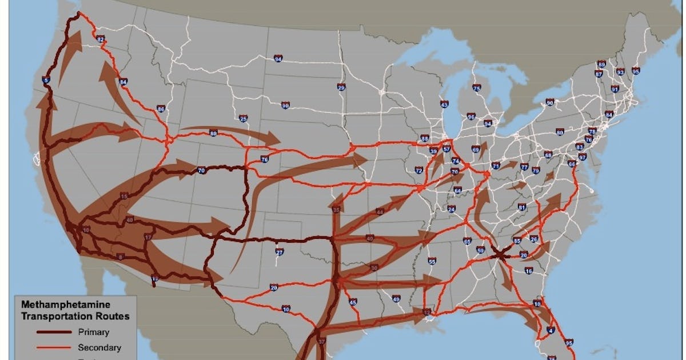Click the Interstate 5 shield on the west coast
[46, 81]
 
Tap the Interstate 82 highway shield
[101, 39]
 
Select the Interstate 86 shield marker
[161, 109]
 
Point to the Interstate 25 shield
[244, 119]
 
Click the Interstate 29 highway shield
[341, 87]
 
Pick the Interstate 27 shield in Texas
[280, 252]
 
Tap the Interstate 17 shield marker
[148, 237]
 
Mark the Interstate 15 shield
[125, 197]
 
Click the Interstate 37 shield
[321, 342]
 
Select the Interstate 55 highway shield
[432, 261]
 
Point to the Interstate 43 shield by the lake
[444, 104]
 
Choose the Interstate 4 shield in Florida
[551, 330]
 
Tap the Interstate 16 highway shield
[529, 270]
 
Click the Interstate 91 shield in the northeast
[615, 89]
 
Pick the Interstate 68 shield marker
[548, 155]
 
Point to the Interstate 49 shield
[396, 298]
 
